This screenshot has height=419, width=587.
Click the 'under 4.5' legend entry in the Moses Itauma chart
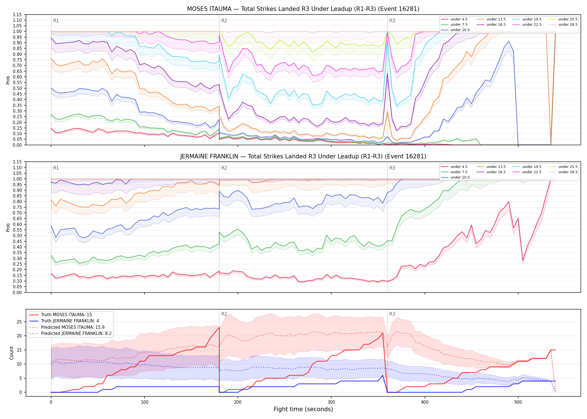tap(454, 19)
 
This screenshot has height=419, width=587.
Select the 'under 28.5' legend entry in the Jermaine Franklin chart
tap(563, 172)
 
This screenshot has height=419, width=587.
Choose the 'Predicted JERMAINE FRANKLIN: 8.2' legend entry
tap(70, 333)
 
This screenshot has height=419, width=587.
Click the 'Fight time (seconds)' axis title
tap(303, 409)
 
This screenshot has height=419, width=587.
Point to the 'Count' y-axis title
tap(11, 353)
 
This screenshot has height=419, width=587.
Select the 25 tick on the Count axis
tap(19, 322)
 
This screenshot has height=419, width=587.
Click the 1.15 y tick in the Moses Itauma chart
tap(17, 15)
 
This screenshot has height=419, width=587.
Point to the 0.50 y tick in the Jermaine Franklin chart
tap(17, 235)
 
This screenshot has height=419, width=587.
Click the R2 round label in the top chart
tap(224, 21)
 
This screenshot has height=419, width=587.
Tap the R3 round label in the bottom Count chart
tap(392, 314)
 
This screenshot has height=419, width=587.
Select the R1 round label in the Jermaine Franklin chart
tap(56, 168)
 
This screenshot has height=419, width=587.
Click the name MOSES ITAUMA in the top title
tap(209, 9)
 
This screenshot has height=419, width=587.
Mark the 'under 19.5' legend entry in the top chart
tap(527, 19)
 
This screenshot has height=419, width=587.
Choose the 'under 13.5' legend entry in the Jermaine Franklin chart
tap(491, 167)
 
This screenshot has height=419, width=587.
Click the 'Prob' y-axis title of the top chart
tap(8, 80)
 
